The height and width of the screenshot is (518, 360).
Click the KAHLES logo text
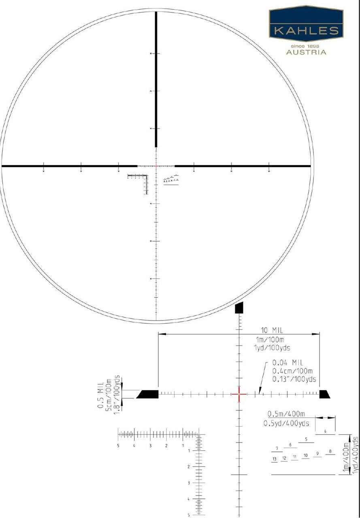coord(306,31)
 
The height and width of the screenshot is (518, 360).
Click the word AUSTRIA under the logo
coord(306,52)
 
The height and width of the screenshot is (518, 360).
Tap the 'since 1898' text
coord(306,46)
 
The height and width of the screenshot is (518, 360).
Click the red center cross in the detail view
coord(239,394)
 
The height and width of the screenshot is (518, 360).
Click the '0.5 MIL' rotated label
coord(101,393)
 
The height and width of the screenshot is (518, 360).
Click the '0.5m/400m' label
coord(286,414)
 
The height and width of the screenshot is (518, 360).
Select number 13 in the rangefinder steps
coord(275,459)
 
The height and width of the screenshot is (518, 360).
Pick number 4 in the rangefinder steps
coord(325,431)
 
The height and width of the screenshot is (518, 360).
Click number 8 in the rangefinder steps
coord(330,452)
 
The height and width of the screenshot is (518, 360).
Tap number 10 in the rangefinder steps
coord(306,456)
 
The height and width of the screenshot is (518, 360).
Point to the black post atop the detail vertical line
coord(239,308)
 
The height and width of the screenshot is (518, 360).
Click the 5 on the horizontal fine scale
coord(118,446)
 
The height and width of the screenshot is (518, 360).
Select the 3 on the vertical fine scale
coord(189,483)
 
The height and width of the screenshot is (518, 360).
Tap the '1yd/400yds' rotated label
coord(355,454)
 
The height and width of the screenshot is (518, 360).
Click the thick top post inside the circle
coord(156,79)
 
